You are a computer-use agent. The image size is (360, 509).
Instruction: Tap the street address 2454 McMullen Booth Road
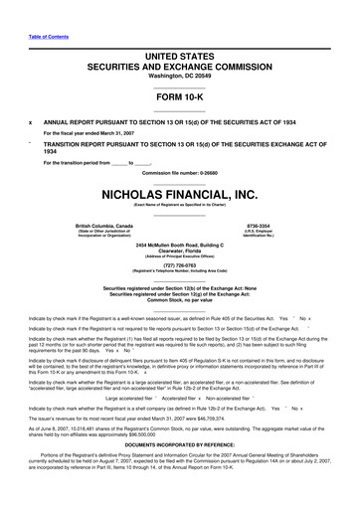[180, 244]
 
